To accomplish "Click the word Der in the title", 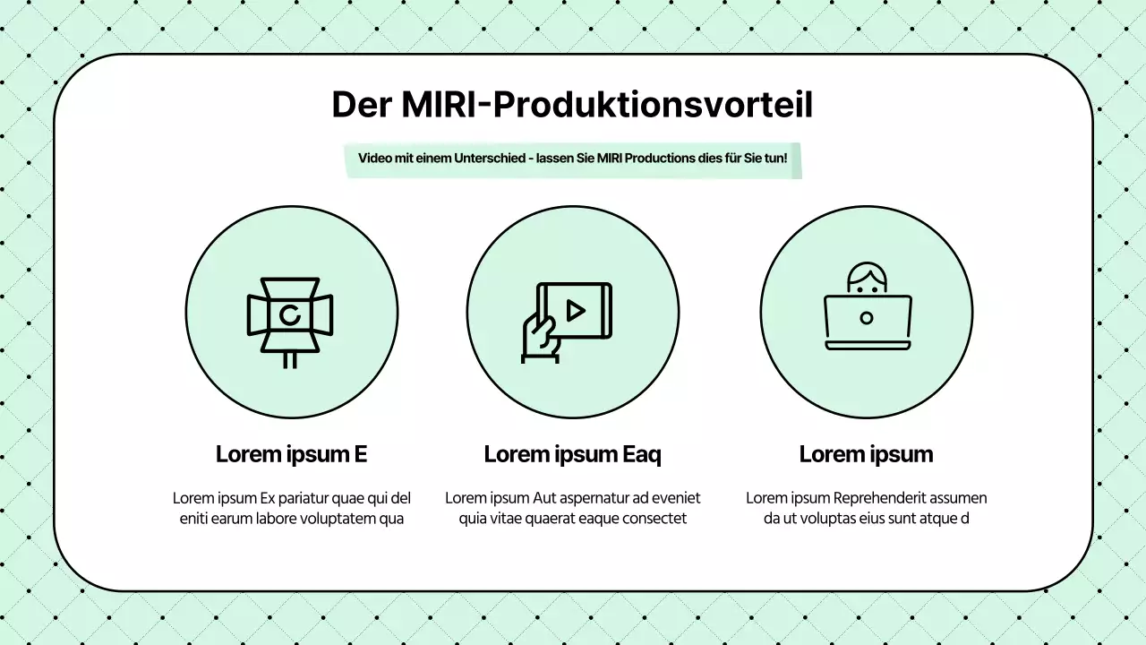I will pyautogui.click(x=362, y=105).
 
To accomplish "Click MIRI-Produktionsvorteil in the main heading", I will pyautogui.click(x=607, y=105).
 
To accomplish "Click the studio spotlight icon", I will pyautogui.click(x=290, y=315).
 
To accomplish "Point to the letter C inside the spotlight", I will pyautogui.click(x=289, y=314).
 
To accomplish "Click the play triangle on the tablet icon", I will pyautogui.click(x=576, y=310).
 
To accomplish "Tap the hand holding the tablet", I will pyautogui.click(x=540, y=335).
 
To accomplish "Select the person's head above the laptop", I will pyautogui.click(x=866, y=279).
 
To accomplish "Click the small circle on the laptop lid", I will pyautogui.click(x=866, y=318).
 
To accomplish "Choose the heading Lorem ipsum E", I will pyautogui.click(x=291, y=454).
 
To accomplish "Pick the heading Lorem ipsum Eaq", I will pyautogui.click(x=572, y=454).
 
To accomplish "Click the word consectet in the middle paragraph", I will pyautogui.click(x=655, y=519).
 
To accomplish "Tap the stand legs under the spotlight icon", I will pyautogui.click(x=290, y=360).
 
